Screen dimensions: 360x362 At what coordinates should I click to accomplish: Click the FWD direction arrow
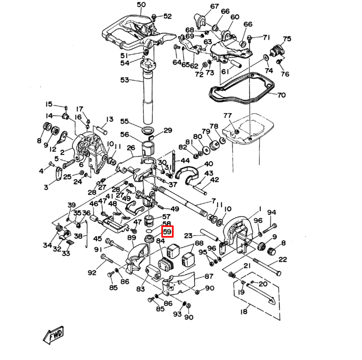(53, 335)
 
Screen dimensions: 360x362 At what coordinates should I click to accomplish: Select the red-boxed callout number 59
(168, 232)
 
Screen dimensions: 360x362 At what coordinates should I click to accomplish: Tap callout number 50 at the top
(141, 5)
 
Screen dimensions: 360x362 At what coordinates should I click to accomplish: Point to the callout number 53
(125, 80)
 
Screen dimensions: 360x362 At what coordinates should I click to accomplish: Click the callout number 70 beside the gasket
(281, 95)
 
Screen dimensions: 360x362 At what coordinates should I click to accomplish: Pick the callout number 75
(287, 39)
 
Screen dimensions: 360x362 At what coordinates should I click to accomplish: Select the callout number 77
(228, 116)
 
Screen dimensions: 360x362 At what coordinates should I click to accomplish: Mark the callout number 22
(283, 260)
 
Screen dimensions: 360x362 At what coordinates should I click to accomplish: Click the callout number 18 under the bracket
(244, 312)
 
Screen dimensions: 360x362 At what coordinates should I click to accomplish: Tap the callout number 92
(92, 273)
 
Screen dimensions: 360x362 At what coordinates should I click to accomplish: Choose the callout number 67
(214, 7)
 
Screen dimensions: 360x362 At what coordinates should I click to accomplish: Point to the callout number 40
(208, 164)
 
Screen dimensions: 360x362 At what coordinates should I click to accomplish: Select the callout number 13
(109, 120)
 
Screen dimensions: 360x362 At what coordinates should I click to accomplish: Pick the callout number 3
(46, 188)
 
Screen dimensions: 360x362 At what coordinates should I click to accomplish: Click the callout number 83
(140, 289)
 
